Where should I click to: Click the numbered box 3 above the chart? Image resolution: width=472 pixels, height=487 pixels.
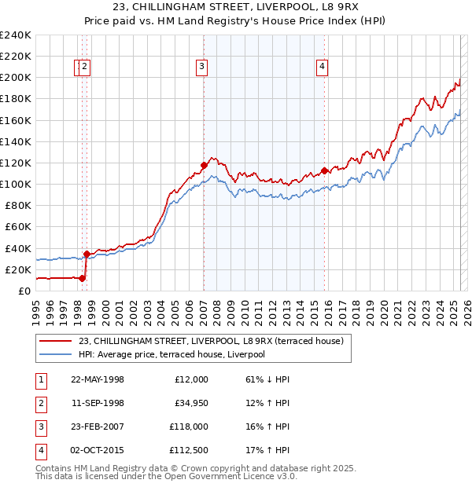tap(202, 68)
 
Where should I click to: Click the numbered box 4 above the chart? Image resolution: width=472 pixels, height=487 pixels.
tap(323, 68)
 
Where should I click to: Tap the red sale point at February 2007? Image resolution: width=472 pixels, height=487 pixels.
tap(204, 165)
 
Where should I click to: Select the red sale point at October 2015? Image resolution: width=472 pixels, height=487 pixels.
tap(324, 170)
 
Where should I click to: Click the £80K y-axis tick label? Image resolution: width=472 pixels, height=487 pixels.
tap(18, 205)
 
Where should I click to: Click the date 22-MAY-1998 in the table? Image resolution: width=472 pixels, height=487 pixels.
tap(98, 379)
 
